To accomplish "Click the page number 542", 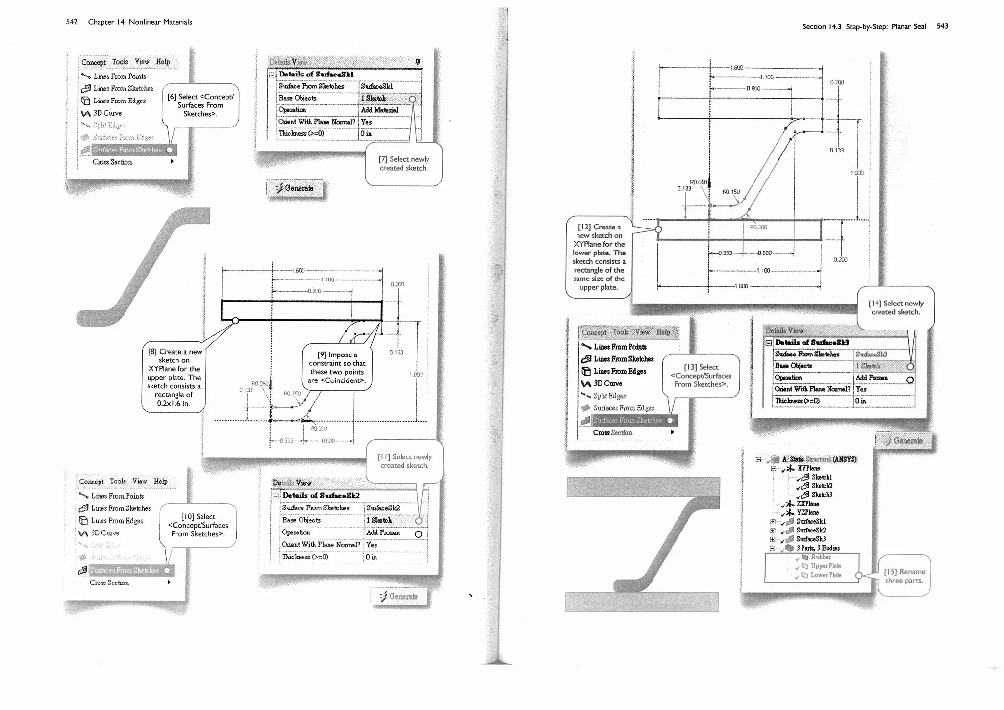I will click(72, 22).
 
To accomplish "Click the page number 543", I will click(942, 26).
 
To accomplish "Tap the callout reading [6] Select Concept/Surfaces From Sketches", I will click(200, 105).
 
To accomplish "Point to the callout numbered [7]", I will click(403, 164).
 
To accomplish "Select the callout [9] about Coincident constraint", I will click(337, 368).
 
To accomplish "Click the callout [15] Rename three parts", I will click(904, 576).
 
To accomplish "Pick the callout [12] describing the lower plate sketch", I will click(599, 257).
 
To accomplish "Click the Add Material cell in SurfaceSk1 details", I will click(379, 110).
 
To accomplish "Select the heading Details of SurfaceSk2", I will click(321, 496).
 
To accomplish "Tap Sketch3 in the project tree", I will click(822, 495).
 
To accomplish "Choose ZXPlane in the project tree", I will click(808, 504).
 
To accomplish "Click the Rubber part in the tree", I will click(821, 557).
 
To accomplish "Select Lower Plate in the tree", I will click(826, 575).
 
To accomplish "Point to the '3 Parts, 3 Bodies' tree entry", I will click(818, 548).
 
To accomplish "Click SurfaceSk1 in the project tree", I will click(811, 521).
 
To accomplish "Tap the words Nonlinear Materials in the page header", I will click(160, 22).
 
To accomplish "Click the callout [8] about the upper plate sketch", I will click(174, 378).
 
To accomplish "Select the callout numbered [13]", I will click(701, 376).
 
